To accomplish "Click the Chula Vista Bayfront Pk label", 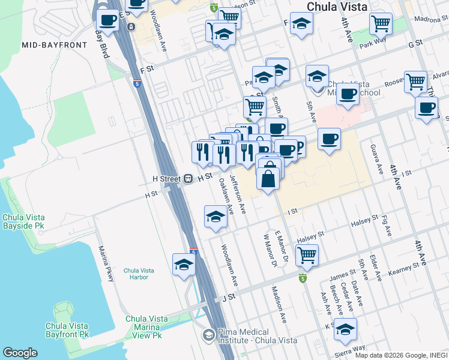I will (x=67, y=329).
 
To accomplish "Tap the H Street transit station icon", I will (x=188, y=178).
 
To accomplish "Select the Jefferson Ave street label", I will (x=238, y=194).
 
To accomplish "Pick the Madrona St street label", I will (x=427, y=19).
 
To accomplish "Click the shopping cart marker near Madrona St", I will (x=381, y=23).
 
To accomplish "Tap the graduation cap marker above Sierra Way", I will (x=345, y=329).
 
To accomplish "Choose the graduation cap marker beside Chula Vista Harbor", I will (x=184, y=264).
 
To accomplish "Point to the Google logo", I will (x=20, y=353).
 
